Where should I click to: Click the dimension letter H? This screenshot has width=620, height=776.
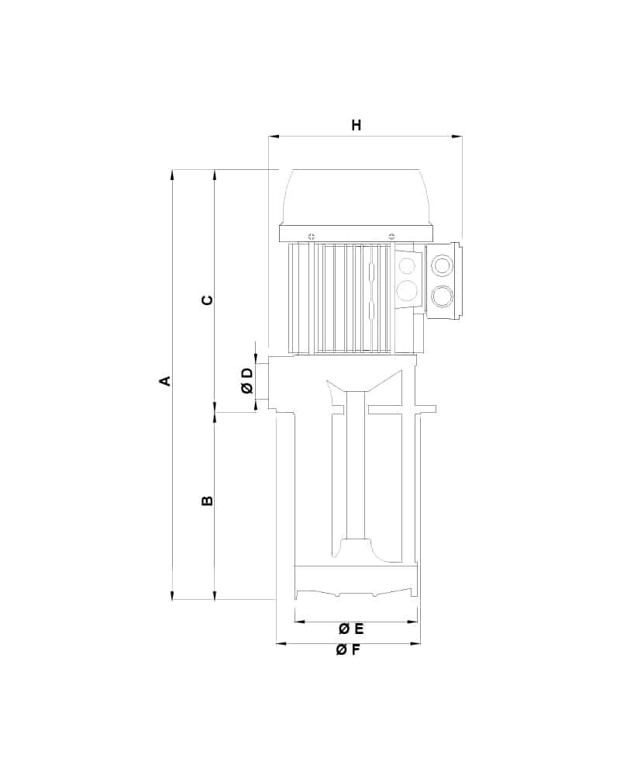pos(356,125)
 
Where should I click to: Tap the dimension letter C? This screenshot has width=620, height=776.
pos(208,300)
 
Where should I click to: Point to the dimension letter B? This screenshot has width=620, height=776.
pos(208,501)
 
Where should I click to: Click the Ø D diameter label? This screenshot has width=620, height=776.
pos(247,380)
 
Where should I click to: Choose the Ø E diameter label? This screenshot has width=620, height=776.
pos(351,629)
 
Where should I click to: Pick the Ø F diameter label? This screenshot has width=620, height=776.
pos(348,650)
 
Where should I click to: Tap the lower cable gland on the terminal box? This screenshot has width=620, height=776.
pos(442,296)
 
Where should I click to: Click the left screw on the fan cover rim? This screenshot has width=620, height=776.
pos(311,235)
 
